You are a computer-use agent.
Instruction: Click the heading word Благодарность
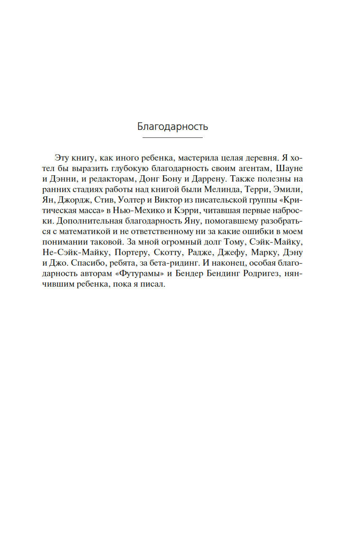click(172, 127)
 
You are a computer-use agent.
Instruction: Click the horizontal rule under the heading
click(172, 138)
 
